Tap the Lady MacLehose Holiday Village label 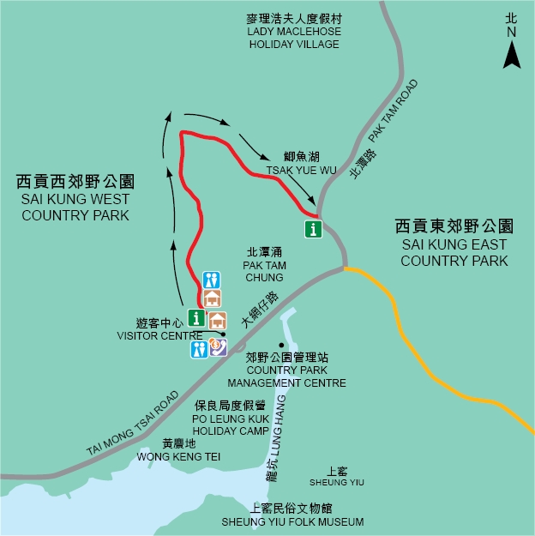click(294, 32)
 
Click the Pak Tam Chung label click(263, 265)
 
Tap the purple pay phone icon click(218, 347)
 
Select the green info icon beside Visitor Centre click(196, 318)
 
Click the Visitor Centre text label click(159, 330)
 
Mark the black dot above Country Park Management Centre click(280, 345)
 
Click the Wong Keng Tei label click(178, 451)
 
